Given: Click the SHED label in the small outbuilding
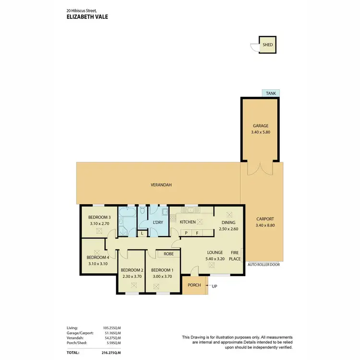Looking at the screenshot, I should [x=268, y=45].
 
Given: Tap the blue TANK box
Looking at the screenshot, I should [x=271, y=94].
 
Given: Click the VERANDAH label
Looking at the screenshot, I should [x=161, y=185].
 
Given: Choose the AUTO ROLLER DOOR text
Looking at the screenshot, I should [x=264, y=264].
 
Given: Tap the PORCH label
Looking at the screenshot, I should [x=194, y=285].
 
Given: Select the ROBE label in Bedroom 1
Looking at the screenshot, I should [x=168, y=254].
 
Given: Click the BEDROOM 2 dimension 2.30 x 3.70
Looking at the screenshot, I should [x=132, y=276].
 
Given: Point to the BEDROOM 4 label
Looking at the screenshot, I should [x=98, y=257].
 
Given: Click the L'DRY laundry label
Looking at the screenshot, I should [x=157, y=222].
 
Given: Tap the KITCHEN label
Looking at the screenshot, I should [x=188, y=222].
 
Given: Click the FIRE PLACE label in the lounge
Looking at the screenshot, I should [x=235, y=255].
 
